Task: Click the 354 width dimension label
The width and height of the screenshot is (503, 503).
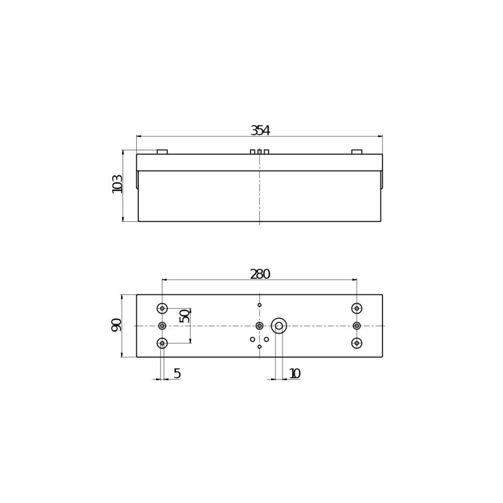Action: click(260, 131)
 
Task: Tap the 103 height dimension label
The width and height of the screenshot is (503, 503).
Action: click(117, 184)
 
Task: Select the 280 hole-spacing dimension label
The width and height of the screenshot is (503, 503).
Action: click(260, 275)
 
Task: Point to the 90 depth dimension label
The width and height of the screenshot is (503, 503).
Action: click(116, 325)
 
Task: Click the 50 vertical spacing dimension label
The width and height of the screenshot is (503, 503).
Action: click(185, 316)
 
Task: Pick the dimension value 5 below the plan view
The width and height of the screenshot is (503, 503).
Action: click(177, 374)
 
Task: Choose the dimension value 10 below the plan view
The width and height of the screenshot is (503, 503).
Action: click(295, 374)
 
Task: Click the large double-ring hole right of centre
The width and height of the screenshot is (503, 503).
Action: click(279, 326)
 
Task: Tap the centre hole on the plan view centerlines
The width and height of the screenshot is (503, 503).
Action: click(260, 326)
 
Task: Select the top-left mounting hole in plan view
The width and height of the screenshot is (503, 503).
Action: click(162, 308)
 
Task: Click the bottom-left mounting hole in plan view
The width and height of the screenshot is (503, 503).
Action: click(162, 343)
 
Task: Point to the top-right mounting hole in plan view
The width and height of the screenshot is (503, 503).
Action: click(357, 308)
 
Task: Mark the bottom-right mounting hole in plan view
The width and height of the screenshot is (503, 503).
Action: click(357, 343)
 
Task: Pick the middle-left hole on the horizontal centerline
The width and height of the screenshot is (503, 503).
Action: click(162, 326)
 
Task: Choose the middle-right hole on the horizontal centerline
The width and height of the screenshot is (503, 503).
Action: click(357, 326)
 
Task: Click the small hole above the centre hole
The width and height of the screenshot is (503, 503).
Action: click(260, 305)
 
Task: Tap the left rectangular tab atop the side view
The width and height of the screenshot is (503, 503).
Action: click(162, 152)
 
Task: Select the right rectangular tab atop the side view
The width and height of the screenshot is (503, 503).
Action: click(357, 152)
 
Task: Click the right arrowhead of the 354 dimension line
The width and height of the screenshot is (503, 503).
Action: click(380, 136)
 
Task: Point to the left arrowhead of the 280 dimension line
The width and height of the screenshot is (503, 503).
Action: click(164, 280)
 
